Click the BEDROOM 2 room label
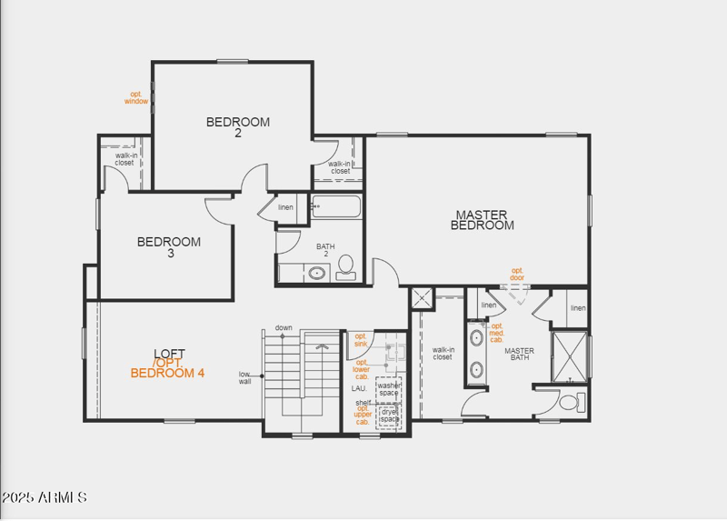pyautogui.click(x=238, y=127)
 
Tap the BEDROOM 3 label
pyautogui.click(x=169, y=247)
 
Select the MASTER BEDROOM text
pyautogui.click(x=483, y=220)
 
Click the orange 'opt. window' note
pyautogui.click(x=136, y=98)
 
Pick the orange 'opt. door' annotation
pyautogui.click(x=517, y=274)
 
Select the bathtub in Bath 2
pyautogui.click(x=335, y=207)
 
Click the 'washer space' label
pyautogui.click(x=389, y=389)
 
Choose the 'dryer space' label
pyautogui.click(x=389, y=415)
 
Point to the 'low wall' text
pyautogui.click(x=245, y=377)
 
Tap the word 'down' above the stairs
pyautogui.click(x=284, y=327)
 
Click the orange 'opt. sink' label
pyautogui.click(x=361, y=340)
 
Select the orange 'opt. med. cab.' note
pyautogui.click(x=496, y=333)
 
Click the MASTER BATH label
pyautogui.click(x=520, y=354)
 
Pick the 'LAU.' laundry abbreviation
pyautogui.click(x=359, y=388)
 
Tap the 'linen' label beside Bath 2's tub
pyautogui.click(x=285, y=207)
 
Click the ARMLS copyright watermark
pyautogui.click(x=45, y=497)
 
